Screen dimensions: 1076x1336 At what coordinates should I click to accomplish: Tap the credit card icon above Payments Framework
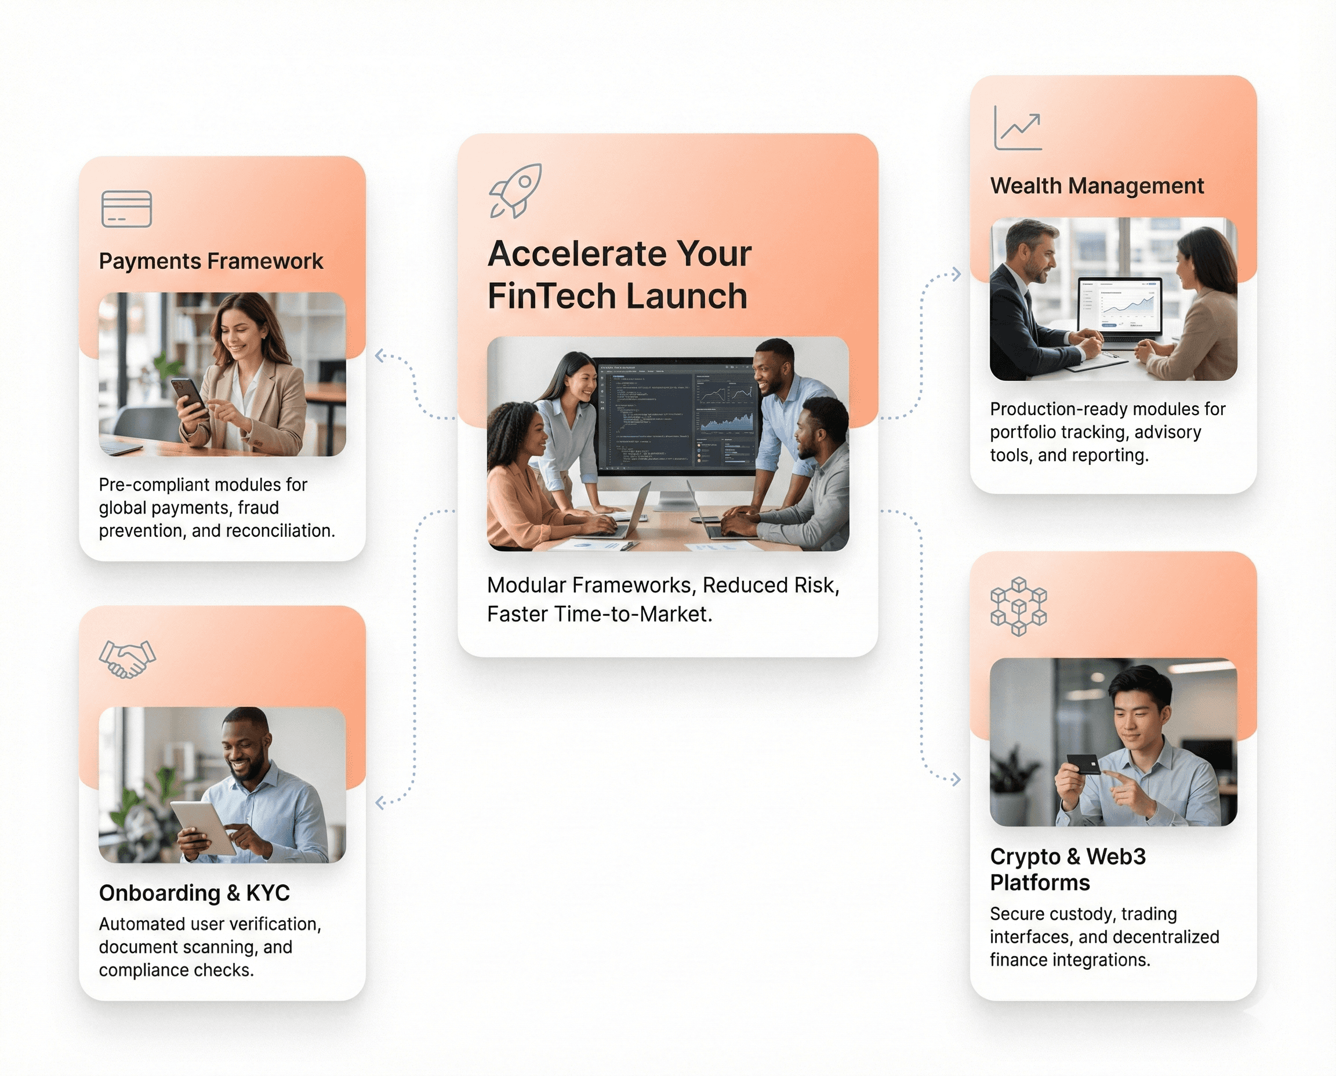[126, 209]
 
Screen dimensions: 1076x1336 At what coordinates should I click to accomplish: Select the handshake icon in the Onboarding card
[127, 659]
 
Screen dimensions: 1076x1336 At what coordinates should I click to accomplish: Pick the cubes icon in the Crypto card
[1018, 606]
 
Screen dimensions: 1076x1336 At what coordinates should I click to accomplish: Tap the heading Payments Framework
[211, 261]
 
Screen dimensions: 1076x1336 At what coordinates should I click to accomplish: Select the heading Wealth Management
[1096, 186]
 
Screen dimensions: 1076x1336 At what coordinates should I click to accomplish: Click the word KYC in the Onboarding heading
[268, 893]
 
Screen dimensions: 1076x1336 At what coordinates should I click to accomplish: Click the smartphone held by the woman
[189, 397]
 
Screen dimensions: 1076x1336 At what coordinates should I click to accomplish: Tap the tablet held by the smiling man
[204, 827]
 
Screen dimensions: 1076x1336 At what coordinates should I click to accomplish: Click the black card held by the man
[1083, 764]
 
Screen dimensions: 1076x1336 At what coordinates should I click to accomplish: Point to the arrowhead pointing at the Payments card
[380, 356]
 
